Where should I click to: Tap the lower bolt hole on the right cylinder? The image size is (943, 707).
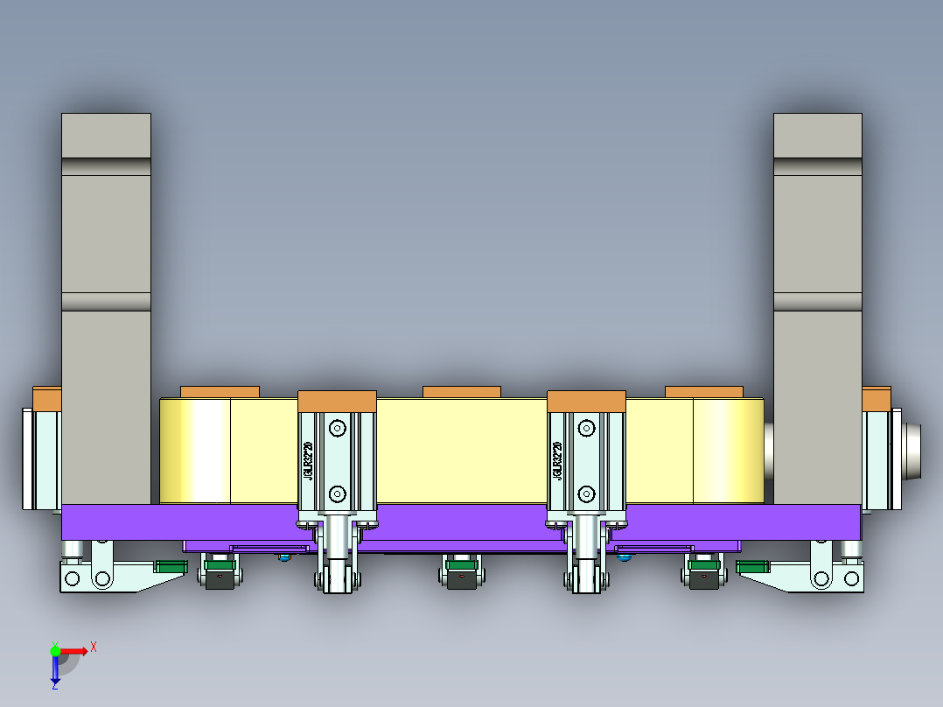click(585, 494)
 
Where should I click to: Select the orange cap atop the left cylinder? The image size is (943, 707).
click(337, 401)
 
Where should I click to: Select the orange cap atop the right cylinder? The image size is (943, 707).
click(586, 401)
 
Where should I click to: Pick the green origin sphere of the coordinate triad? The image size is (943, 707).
click(55, 651)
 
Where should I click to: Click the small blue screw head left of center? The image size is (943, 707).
click(283, 556)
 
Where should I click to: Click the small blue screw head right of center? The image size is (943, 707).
click(623, 556)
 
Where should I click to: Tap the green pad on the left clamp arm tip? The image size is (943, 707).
click(171, 566)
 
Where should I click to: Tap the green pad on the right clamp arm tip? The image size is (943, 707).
click(751, 566)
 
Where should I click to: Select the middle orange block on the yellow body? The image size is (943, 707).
click(461, 391)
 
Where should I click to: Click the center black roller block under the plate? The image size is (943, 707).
click(461, 578)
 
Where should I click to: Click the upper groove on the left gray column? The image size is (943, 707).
click(106, 166)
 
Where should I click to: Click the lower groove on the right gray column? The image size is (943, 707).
click(817, 302)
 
